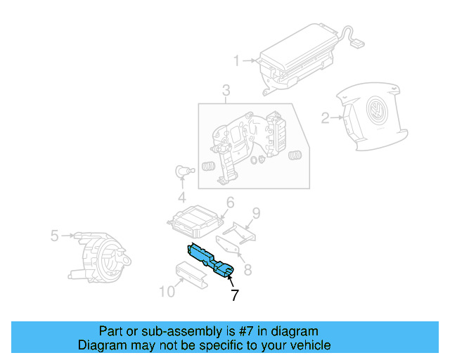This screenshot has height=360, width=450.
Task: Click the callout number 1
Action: (x=237, y=60)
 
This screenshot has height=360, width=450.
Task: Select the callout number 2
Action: (x=325, y=118)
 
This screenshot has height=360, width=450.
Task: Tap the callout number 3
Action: (x=226, y=91)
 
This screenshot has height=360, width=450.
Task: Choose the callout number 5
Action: (x=54, y=236)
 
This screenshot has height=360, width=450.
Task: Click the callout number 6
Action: (x=229, y=204)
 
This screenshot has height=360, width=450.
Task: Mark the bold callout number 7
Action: (x=235, y=295)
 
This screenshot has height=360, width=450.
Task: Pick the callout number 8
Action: (x=247, y=269)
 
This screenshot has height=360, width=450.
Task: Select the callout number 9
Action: (x=257, y=212)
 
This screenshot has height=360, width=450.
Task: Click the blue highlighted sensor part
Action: (x=210, y=259)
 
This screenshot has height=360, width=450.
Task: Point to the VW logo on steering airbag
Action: (x=375, y=112)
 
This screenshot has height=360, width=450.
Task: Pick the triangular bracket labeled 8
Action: (x=229, y=246)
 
